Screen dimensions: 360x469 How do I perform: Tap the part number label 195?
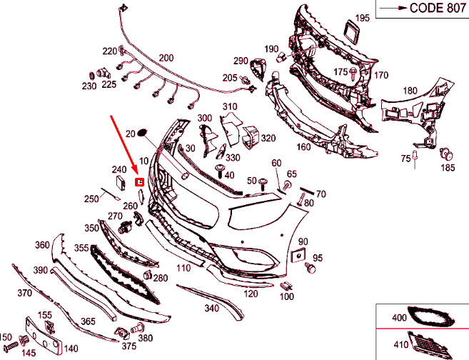pyautogui.click(x=363, y=18)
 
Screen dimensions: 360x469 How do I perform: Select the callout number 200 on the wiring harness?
pyautogui.click(x=166, y=58)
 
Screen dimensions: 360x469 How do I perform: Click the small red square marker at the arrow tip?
pyautogui.click(x=140, y=182)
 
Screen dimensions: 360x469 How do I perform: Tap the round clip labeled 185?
pyautogui.click(x=447, y=153)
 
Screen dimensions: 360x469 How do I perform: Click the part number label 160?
pyautogui.click(x=303, y=148)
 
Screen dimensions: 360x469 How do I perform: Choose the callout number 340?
pyautogui.click(x=211, y=309)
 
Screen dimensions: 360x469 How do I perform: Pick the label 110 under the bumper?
pyautogui.click(x=183, y=268)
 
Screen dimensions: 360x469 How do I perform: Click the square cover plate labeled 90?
pyautogui.click(x=298, y=256)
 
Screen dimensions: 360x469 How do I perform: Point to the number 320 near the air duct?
pyautogui.click(x=268, y=139)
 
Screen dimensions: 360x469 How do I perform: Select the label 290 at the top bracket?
pyautogui.click(x=241, y=61)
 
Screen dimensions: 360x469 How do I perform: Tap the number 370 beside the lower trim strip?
pyautogui.click(x=25, y=293)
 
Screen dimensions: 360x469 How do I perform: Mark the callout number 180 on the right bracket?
pyautogui.click(x=410, y=91)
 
